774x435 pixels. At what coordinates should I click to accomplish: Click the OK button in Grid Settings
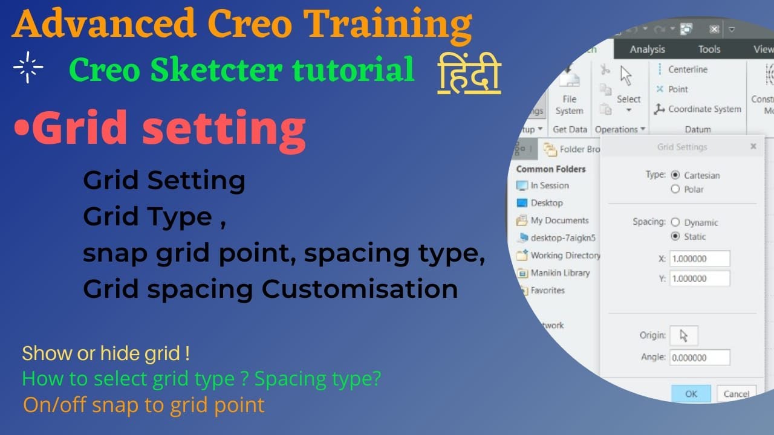coord(691,393)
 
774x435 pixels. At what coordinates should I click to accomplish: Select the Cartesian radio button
coord(675,175)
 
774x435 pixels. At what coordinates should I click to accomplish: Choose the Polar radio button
coord(675,189)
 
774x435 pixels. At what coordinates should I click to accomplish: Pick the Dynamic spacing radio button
coord(675,222)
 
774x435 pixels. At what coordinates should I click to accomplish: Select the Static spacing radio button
coord(675,236)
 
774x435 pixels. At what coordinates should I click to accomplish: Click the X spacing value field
coord(700,259)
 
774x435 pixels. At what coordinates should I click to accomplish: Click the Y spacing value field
coord(700,279)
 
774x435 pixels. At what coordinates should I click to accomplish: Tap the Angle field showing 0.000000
coord(700,358)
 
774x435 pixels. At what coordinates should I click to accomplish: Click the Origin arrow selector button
coord(684,335)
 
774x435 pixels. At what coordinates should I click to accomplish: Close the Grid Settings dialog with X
coord(753,146)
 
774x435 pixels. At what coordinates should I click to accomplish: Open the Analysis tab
coord(647,50)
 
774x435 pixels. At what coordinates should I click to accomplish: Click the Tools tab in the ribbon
coord(709,50)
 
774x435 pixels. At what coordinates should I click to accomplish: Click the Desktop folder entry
coord(547,203)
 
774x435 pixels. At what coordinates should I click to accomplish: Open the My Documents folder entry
coord(559,221)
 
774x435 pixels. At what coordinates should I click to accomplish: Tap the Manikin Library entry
coord(559,273)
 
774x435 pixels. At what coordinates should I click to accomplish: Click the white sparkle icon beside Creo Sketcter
coord(28,67)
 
